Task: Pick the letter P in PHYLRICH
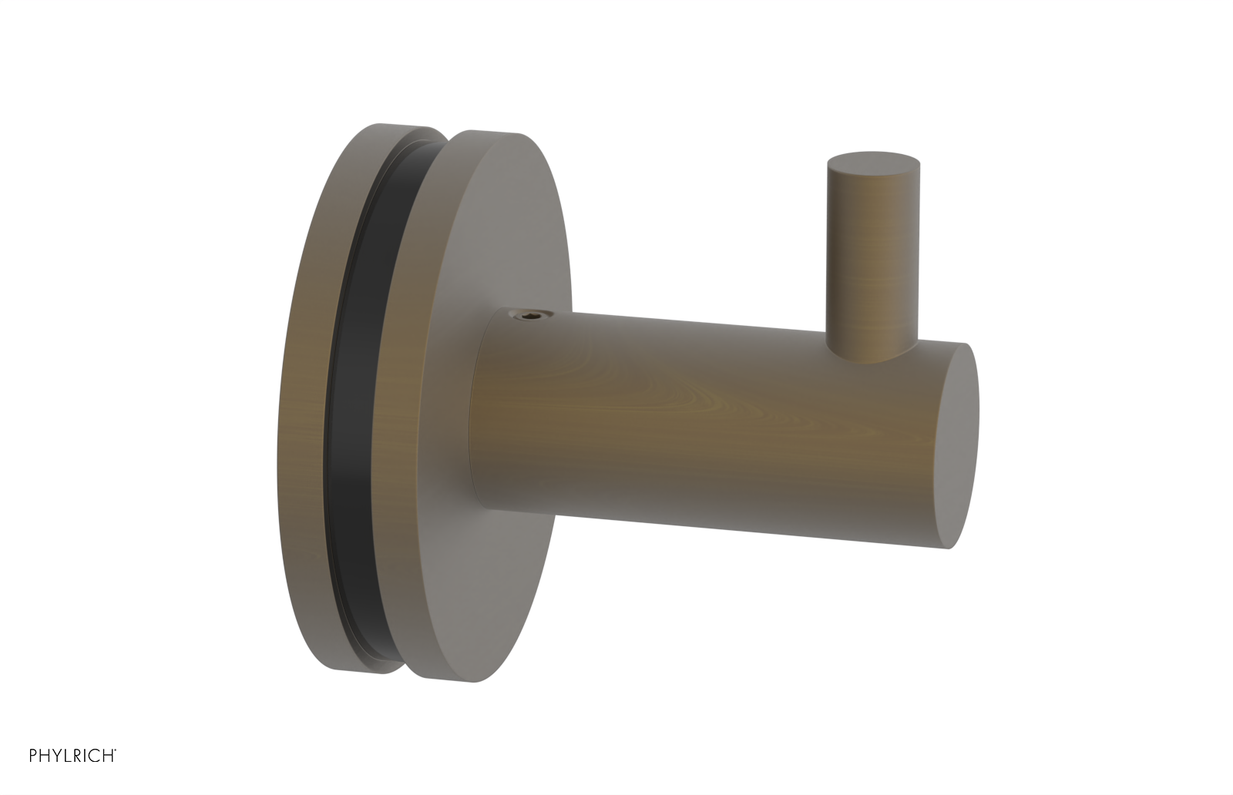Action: pos(34,756)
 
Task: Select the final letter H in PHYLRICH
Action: pos(108,756)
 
